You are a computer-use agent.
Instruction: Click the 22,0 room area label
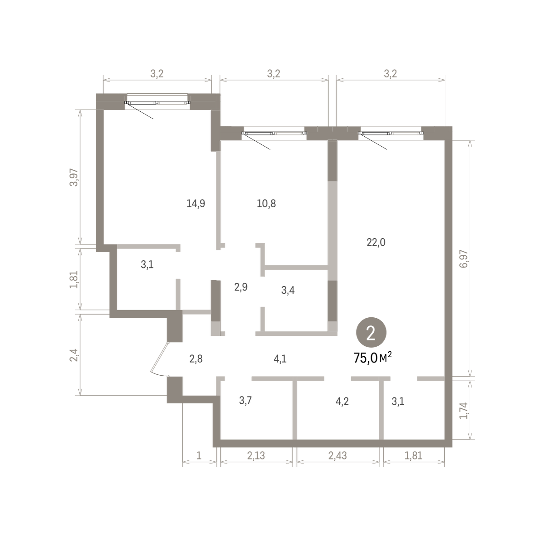(x=376, y=243)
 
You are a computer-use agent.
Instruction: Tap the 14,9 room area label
(x=196, y=203)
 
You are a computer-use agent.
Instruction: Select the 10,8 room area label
(x=266, y=203)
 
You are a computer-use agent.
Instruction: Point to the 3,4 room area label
(x=288, y=290)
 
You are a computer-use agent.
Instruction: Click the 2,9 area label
(x=241, y=287)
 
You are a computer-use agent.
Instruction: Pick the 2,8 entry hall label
(x=196, y=359)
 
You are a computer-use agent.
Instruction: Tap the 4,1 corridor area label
(x=280, y=359)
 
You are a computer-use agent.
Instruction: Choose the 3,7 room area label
(x=245, y=400)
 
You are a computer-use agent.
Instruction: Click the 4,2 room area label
(x=342, y=401)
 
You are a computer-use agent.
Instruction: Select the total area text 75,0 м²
(x=372, y=358)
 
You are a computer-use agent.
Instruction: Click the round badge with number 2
(x=371, y=333)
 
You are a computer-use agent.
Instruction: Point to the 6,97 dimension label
(x=464, y=259)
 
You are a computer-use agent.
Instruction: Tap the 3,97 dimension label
(x=74, y=177)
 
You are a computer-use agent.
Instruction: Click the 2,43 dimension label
(x=338, y=455)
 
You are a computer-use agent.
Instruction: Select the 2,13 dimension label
(x=256, y=455)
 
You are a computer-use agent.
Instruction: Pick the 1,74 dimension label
(x=463, y=411)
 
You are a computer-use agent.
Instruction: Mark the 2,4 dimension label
(x=74, y=355)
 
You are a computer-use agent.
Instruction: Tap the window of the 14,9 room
(x=157, y=103)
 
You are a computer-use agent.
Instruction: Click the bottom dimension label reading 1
(x=199, y=455)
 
